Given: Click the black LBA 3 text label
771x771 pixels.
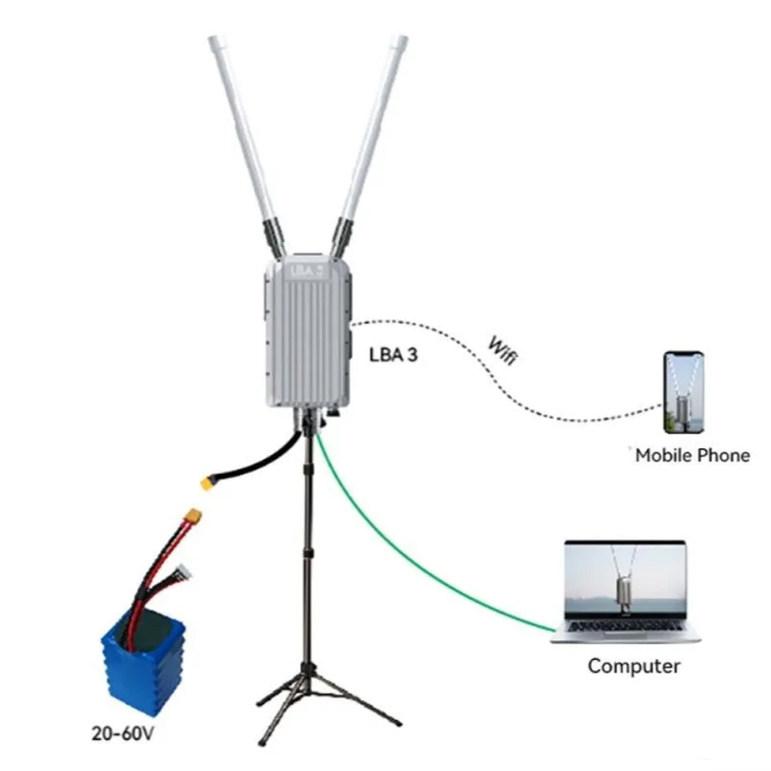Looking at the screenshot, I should point(394,356).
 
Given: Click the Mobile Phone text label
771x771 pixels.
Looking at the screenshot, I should point(692,455).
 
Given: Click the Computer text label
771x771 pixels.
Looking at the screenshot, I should point(634,665).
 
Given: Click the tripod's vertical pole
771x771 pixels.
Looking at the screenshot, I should point(310,555).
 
